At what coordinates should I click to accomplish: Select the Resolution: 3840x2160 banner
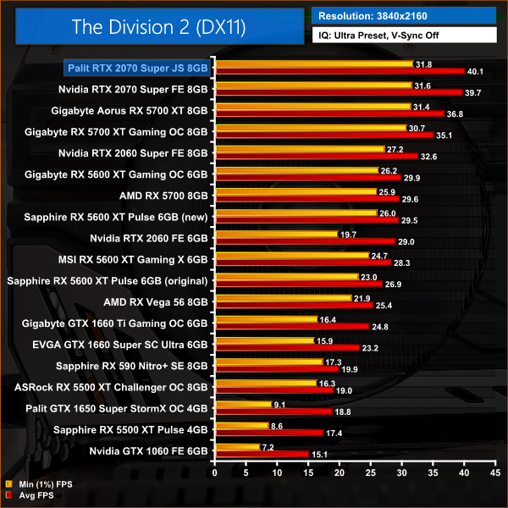click(403, 15)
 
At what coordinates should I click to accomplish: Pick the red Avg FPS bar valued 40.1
click(339, 71)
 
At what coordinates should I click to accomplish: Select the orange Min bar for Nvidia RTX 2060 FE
click(276, 234)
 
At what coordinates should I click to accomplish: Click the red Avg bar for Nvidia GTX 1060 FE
click(262, 453)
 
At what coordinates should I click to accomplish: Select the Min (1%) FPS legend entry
click(41, 484)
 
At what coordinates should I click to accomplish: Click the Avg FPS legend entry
click(35, 495)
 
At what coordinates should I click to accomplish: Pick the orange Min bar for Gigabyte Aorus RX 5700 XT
click(312, 107)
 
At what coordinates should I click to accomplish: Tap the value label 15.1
click(321, 453)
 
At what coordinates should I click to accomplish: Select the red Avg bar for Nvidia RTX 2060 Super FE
click(316, 157)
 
